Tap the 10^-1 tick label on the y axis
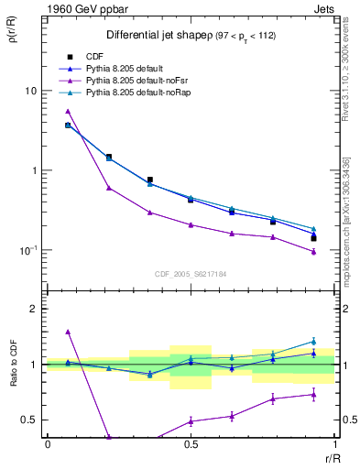click(29, 249)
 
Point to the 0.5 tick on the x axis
click(191, 445)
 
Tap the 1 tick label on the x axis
click(334, 445)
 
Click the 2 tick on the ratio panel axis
click(34, 310)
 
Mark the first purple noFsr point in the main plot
click(68, 111)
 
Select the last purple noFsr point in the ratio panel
click(313, 395)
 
